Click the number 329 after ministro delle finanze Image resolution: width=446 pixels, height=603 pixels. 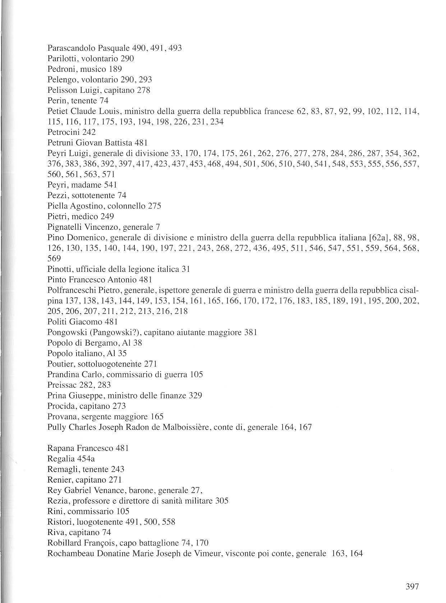[195, 396]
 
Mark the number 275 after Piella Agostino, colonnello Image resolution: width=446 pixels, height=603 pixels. [155, 206]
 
